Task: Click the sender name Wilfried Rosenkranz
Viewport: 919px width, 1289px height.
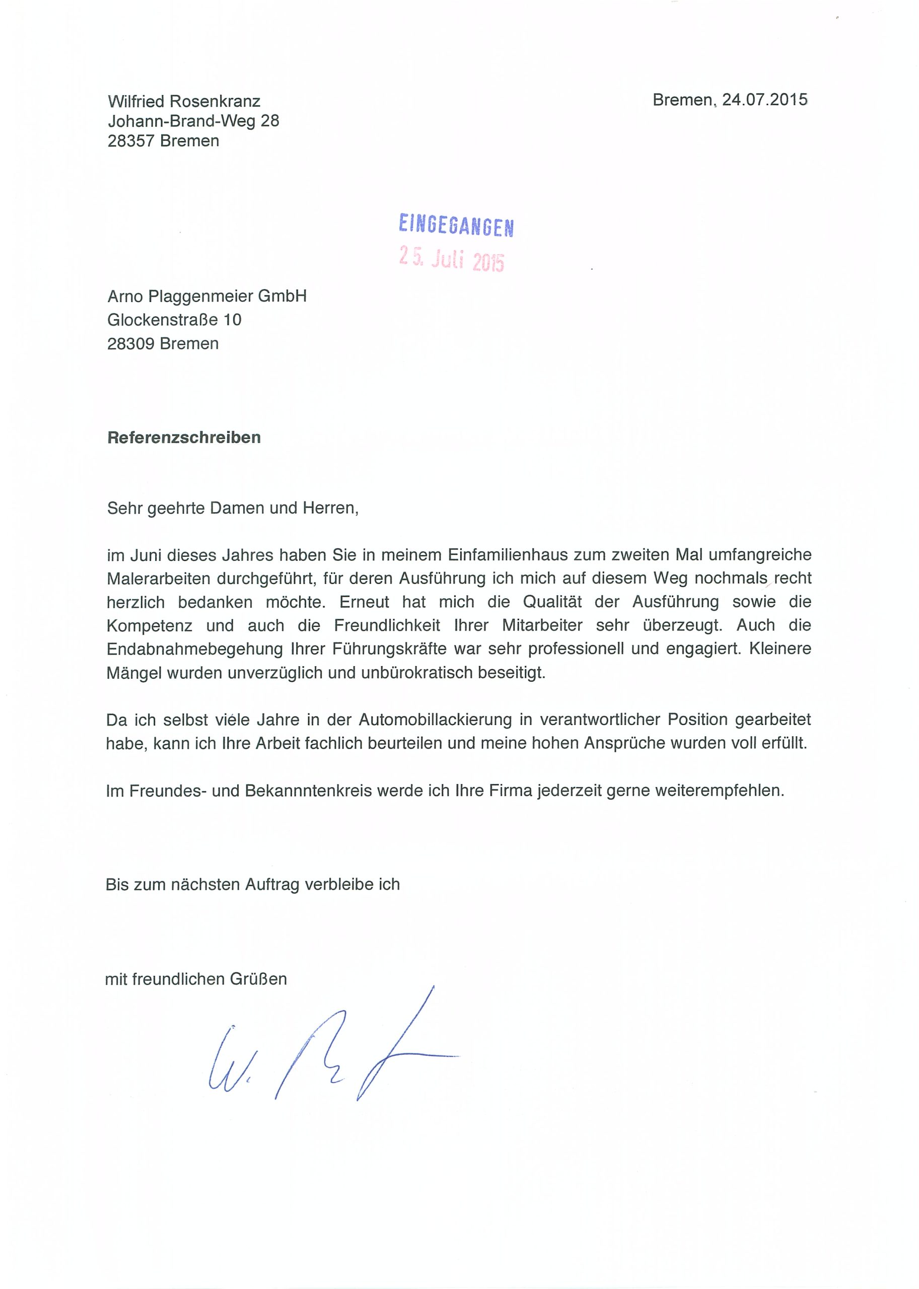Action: coord(184,101)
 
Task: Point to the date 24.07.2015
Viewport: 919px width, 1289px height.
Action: coord(764,100)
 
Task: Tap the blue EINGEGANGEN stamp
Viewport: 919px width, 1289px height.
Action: coord(456,225)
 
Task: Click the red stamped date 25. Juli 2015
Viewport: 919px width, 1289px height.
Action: coord(451,259)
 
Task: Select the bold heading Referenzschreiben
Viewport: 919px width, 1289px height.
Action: coord(184,438)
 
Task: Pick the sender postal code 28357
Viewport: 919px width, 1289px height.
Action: coord(131,141)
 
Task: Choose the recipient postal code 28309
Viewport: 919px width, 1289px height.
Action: coord(131,343)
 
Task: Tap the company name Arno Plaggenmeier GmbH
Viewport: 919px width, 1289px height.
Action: coord(207,296)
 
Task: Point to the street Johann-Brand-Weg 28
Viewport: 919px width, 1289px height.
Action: coord(193,121)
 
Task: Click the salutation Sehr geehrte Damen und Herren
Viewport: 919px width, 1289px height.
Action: coord(233,508)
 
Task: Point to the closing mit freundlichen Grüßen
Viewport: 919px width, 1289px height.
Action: coord(196,979)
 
